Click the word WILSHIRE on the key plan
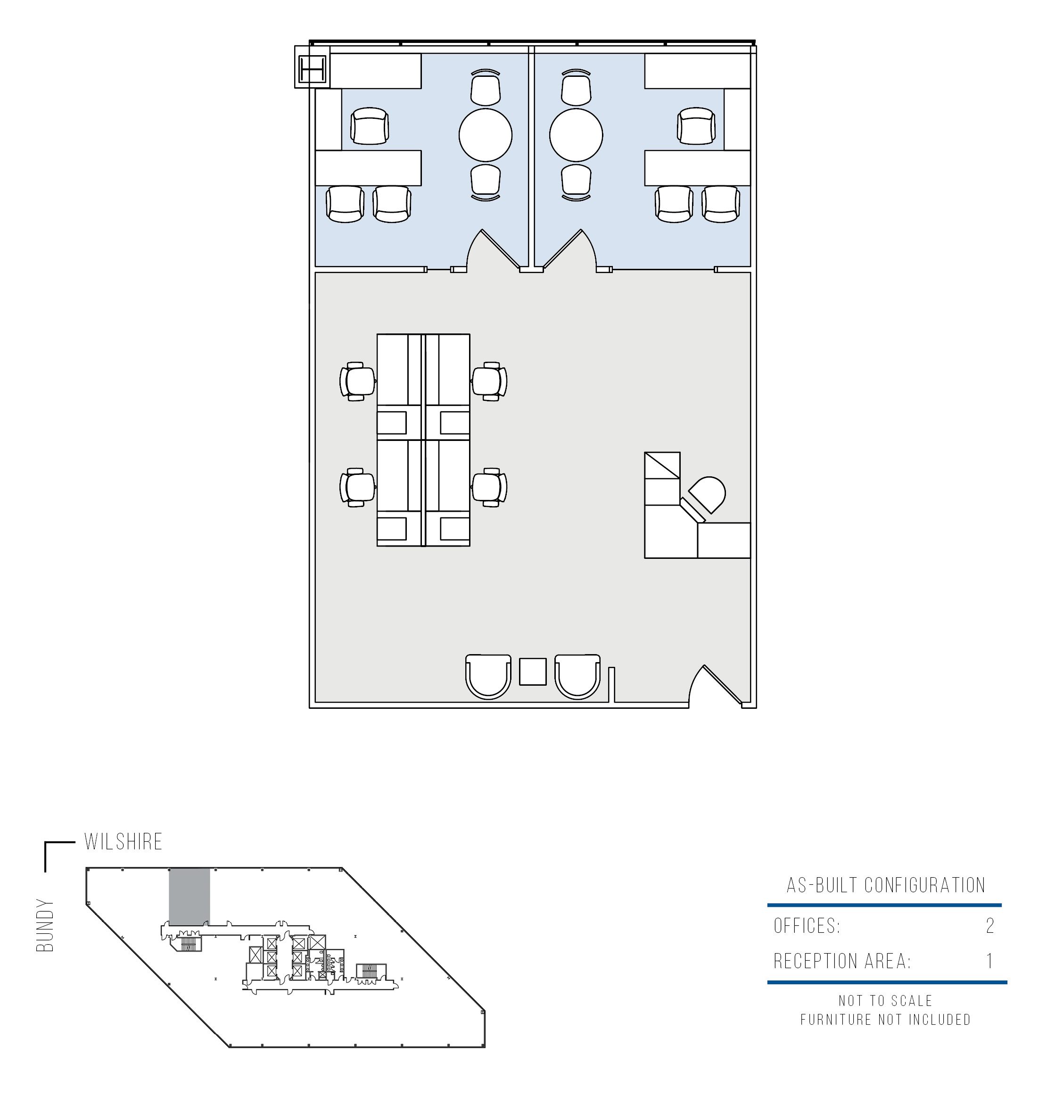pyautogui.click(x=123, y=841)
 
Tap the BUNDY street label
pyautogui.click(x=45, y=925)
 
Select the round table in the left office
pyautogui.click(x=485, y=135)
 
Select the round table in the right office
pyautogui.click(x=576, y=135)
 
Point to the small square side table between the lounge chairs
pyautogui.click(x=532, y=672)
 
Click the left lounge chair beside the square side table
pyautogui.click(x=488, y=677)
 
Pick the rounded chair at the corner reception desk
pyautogui.click(x=707, y=494)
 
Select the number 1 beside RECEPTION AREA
pyautogui.click(x=989, y=961)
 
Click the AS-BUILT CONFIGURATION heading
pyautogui.click(x=886, y=885)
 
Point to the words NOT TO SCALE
pyautogui.click(x=886, y=1000)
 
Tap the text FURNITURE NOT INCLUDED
pyautogui.click(x=886, y=1020)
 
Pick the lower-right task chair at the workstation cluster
pyautogui.click(x=489, y=487)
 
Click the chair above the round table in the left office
pyautogui.click(x=485, y=88)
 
